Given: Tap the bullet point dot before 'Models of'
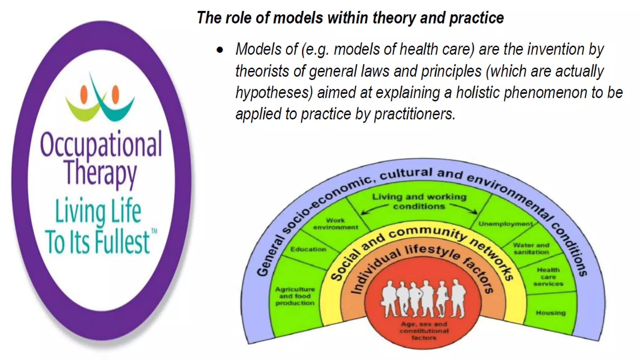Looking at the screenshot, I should click(220, 50).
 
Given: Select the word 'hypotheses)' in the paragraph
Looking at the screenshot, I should click(274, 93).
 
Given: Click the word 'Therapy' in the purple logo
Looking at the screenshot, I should click(101, 173).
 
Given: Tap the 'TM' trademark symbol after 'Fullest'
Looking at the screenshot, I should click(154, 232).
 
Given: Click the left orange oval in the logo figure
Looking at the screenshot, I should click(84, 94).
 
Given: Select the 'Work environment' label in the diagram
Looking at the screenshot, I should click(335, 224).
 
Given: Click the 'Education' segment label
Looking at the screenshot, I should click(308, 249).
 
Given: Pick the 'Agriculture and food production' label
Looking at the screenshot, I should click(295, 296).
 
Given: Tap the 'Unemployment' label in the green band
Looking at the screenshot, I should click(505, 224).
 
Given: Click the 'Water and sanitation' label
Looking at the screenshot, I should click(531, 248).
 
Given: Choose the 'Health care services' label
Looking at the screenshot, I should click(548, 277).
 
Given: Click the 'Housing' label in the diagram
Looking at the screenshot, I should click(551, 313).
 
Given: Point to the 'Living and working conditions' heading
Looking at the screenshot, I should click(419, 201).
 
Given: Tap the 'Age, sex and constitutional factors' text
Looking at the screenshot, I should click(424, 331).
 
